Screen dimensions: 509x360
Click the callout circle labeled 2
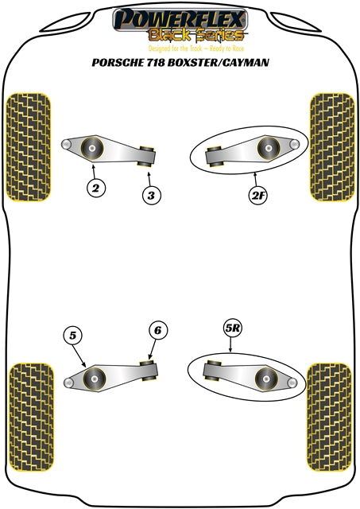(x=95, y=188)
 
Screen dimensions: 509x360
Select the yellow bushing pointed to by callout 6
(x=148, y=369)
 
